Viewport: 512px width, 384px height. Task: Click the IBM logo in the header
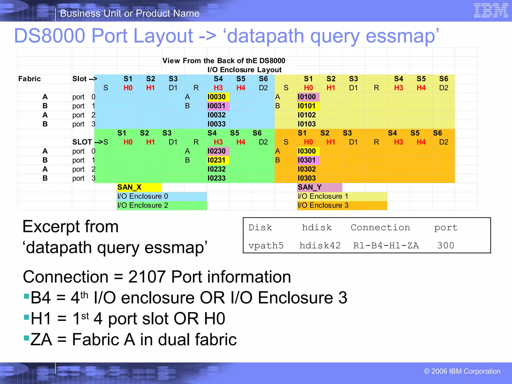(x=490, y=10)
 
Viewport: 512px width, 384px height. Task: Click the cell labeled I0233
(x=216, y=178)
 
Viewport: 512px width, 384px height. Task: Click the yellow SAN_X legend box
(x=139, y=187)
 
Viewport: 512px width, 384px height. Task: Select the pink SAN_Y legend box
(x=319, y=187)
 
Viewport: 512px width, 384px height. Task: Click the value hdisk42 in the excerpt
(x=320, y=245)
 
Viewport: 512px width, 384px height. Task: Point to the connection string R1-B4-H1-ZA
(x=386, y=245)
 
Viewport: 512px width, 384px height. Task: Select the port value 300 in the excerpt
(x=445, y=245)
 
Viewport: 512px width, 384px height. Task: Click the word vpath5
(x=266, y=245)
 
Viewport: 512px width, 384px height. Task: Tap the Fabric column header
(x=29, y=79)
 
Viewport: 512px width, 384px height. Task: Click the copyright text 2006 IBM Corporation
(x=462, y=371)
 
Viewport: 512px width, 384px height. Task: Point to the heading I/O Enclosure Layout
(x=244, y=70)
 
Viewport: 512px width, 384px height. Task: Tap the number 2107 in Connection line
(x=147, y=277)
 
